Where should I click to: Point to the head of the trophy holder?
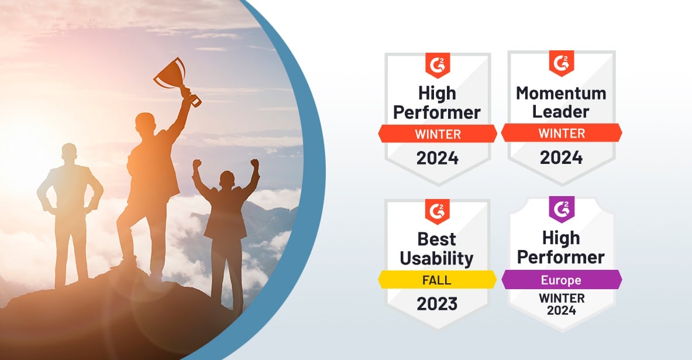click(143, 124)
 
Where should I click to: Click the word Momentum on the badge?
click(561, 92)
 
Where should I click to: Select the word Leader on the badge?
click(561, 111)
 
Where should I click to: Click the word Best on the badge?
click(437, 238)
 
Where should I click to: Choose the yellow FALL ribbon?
click(437, 280)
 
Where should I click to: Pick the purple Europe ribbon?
click(561, 280)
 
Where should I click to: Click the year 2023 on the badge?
click(437, 303)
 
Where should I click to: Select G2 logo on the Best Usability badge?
click(437, 210)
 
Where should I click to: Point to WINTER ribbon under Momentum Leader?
click(561, 133)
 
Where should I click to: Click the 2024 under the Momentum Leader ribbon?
click(561, 157)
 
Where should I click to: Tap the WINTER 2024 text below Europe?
click(561, 304)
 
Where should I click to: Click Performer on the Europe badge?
click(561, 256)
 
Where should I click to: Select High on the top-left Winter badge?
click(437, 92)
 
